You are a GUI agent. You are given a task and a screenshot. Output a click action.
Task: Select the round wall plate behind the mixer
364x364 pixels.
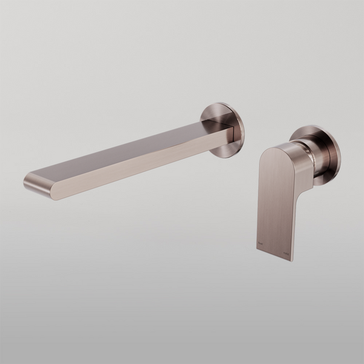328,155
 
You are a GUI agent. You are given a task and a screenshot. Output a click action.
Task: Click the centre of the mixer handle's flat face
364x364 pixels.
276,200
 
